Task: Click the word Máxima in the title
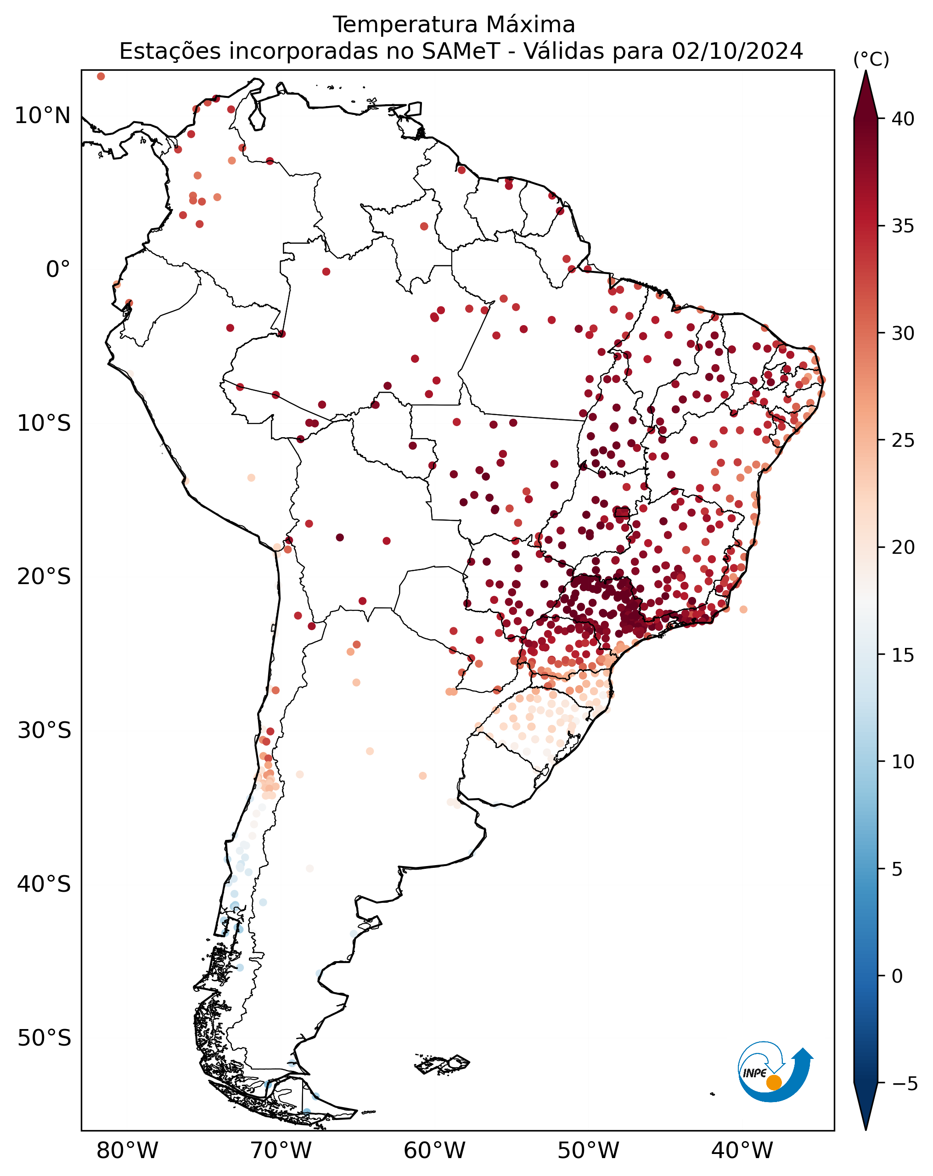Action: pos(530,24)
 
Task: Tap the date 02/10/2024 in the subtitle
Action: pos(737,51)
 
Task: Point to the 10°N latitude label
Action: pos(43,116)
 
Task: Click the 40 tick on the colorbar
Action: pos(903,118)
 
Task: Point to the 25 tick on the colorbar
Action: pos(903,440)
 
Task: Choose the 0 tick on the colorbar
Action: pos(898,976)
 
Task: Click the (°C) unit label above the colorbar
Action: pos(871,59)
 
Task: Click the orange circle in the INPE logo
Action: pos(774,1083)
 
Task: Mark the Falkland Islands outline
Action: pos(442,1063)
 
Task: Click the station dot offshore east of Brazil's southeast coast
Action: pos(743,609)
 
